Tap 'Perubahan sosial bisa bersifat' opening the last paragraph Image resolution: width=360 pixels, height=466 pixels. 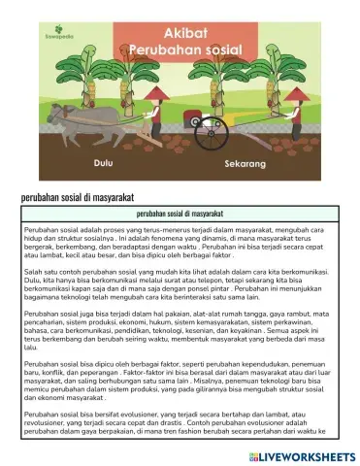point(75,444)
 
